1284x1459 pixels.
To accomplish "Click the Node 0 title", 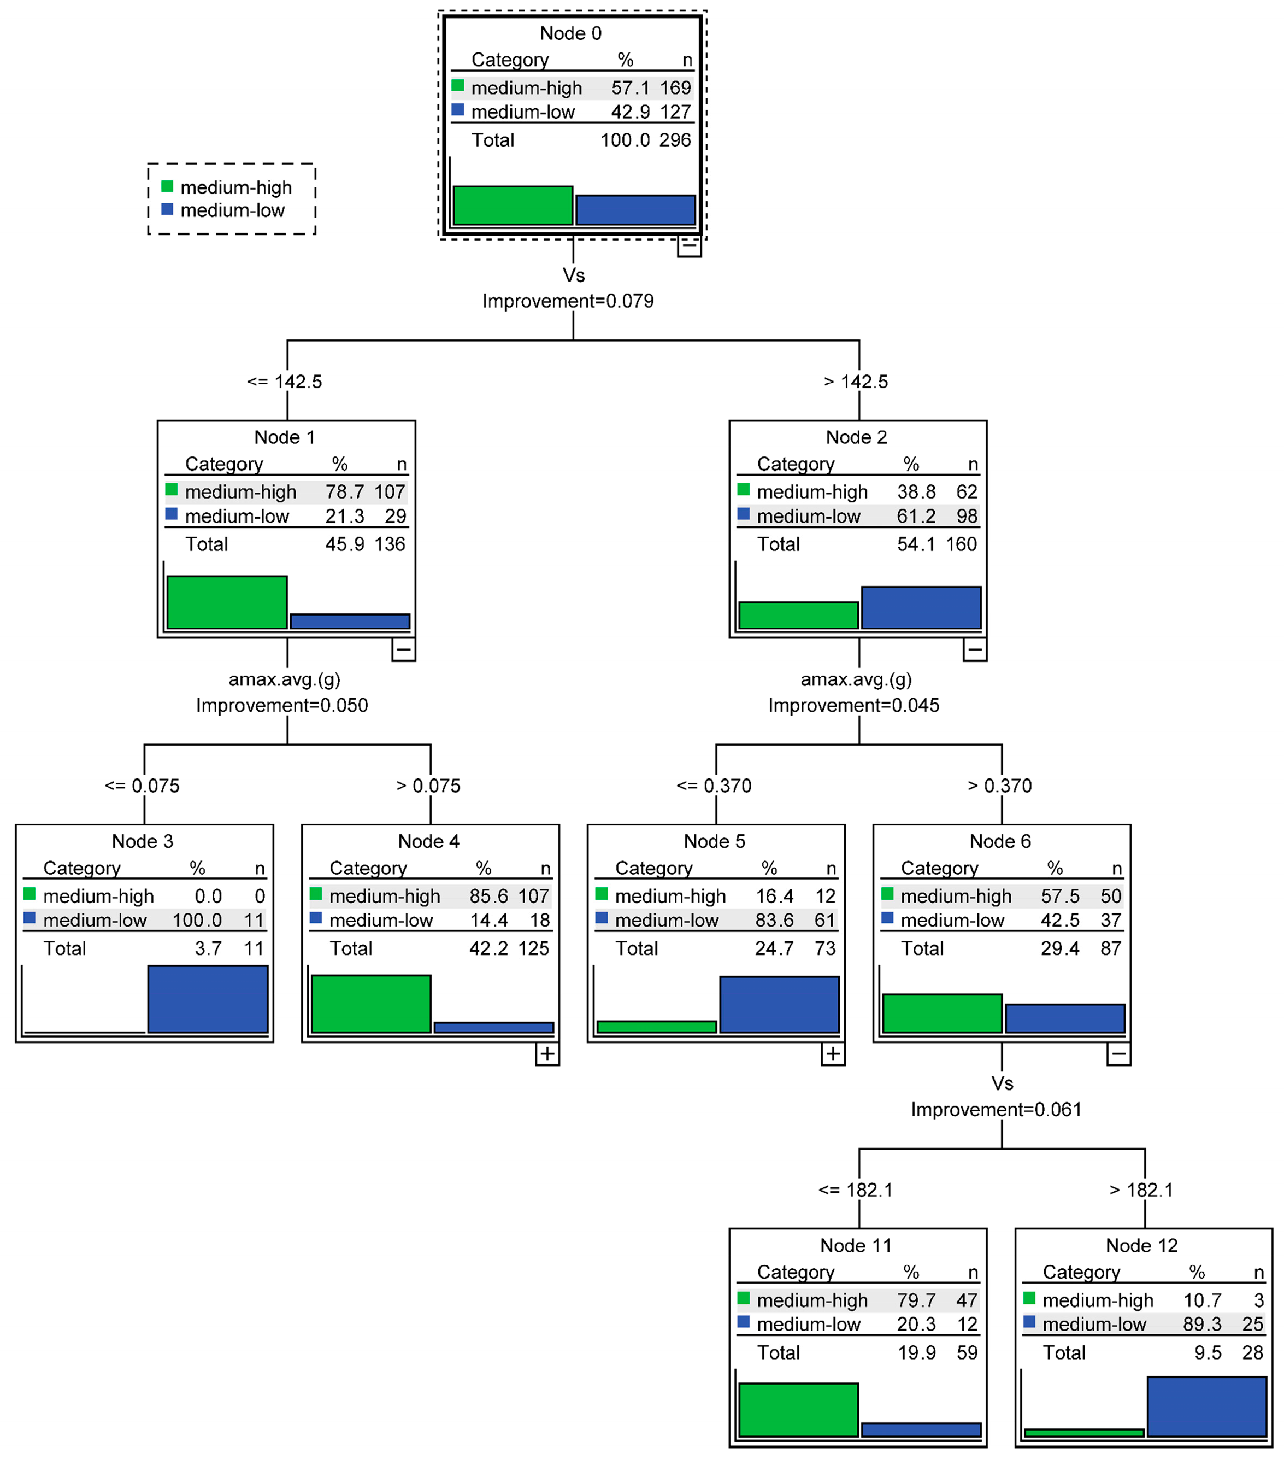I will pyautogui.click(x=570, y=33).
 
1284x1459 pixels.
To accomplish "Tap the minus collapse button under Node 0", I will pyautogui.click(x=688, y=245).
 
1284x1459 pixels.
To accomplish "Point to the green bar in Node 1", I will pyautogui.click(x=227, y=602).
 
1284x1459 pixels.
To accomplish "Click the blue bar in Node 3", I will pyautogui.click(x=208, y=999).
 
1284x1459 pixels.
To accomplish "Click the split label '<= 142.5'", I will pyautogui.click(x=284, y=382).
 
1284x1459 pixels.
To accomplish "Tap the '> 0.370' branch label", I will pyautogui.click(x=999, y=786).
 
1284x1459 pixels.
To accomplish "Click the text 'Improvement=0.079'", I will pyautogui.click(x=568, y=301).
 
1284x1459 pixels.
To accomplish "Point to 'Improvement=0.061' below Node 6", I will pyautogui.click(x=996, y=1109).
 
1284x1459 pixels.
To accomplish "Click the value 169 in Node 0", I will pyautogui.click(x=675, y=88).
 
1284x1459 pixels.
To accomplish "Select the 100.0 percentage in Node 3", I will pyautogui.click(x=197, y=920).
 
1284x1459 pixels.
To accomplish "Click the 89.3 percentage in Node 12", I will pyautogui.click(x=1202, y=1324).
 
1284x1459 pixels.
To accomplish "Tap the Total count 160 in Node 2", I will pyautogui.click(x=961, y=544).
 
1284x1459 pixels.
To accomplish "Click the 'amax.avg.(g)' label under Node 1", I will pyautogui.click(x=284, y=679).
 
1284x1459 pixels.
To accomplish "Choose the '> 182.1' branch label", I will pyautogui.click(x=1141, y=1190).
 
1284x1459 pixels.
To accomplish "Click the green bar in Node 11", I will pyautogui.click(x=798, y=1410).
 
